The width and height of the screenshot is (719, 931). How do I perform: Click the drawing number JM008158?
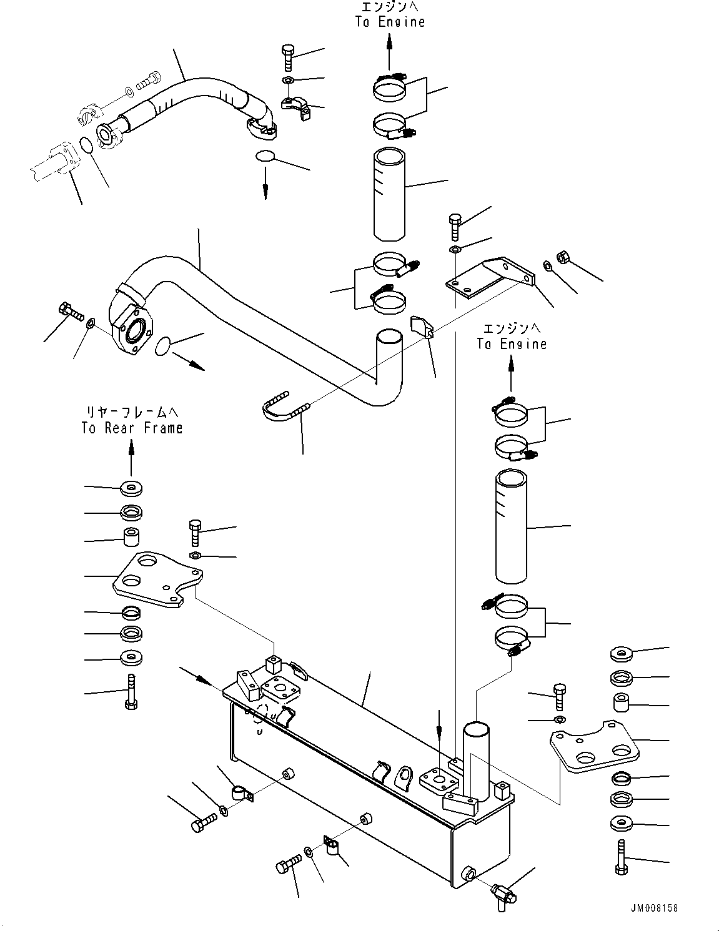pyautogui.click(x=653, y=908)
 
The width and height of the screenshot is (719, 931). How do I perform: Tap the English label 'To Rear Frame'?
pyautogui.click(x=132, y=428)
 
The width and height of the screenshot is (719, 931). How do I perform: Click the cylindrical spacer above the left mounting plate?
pyautogui.click(x=131, y=538)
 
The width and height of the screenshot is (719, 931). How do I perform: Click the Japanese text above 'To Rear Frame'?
pyautogui.click(x=132, y=411)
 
